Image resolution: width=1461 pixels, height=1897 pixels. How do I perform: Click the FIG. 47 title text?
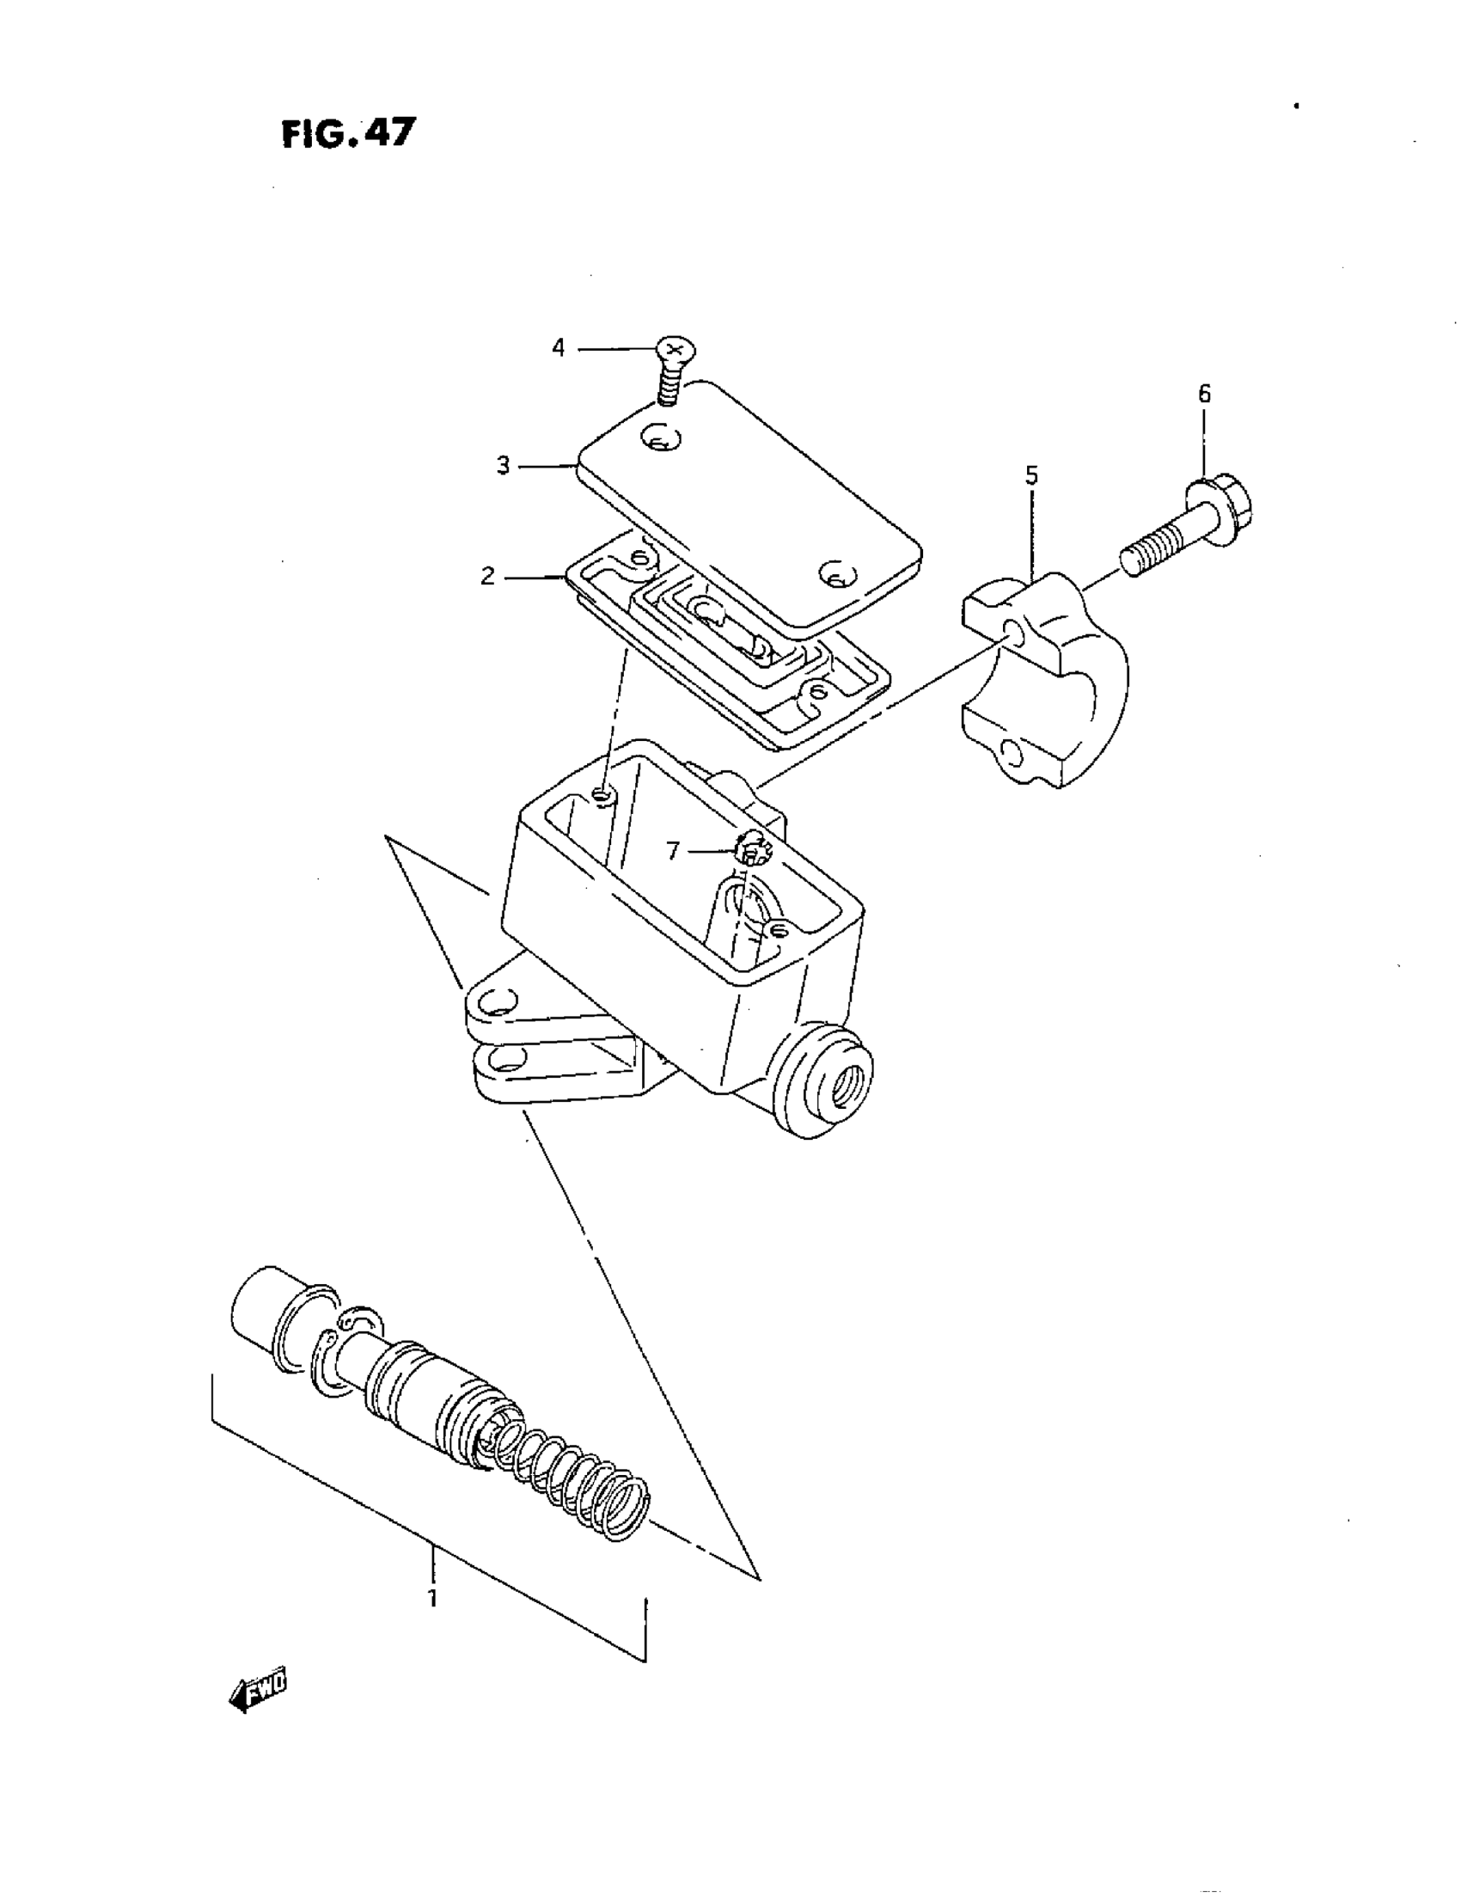(348, 134)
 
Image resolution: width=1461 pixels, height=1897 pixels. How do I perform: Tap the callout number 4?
(558, 348)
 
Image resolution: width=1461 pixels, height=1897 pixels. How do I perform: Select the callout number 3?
(503, 466)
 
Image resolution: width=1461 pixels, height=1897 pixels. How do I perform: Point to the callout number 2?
(488, 576)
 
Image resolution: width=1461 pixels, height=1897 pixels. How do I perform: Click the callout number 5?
(1031, 475)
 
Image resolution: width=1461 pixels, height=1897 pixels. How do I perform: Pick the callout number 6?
(1204, 395)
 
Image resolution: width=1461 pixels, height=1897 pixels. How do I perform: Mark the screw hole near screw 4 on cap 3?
(661, 438)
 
